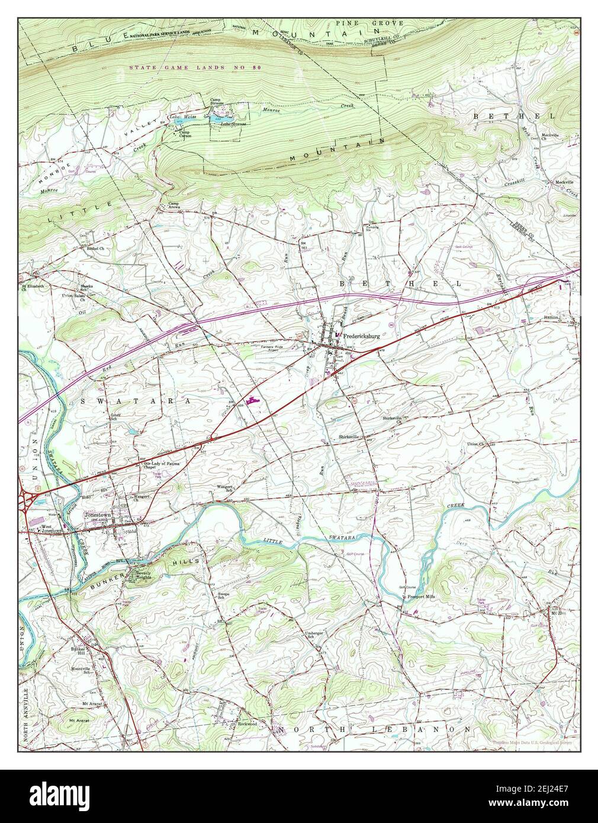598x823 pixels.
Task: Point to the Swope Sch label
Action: pos(224,595)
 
